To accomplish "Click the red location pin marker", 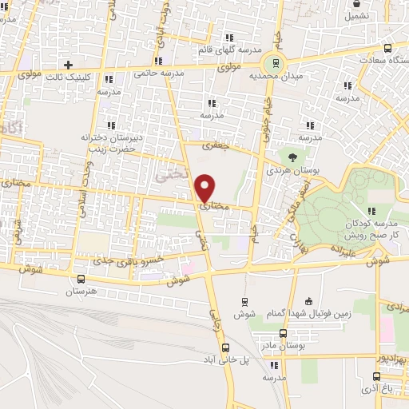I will point(205,186).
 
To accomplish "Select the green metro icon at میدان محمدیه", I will point(276,64).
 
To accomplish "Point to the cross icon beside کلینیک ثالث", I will point(69,64).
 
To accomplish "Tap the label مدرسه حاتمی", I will point(162,73).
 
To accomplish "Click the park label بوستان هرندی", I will point(293,170).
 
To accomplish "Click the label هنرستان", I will point(80,292).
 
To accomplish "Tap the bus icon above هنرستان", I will point(80,279).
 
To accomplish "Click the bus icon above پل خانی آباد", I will point(225,347).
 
